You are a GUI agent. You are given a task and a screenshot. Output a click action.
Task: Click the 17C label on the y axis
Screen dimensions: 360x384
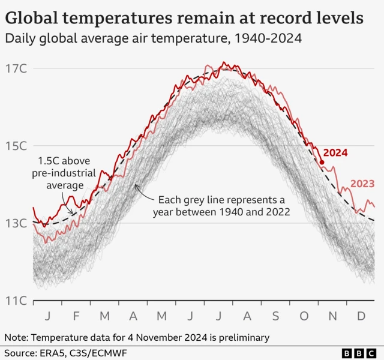coord(17,68)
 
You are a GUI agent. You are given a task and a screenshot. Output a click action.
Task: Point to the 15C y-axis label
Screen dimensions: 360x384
coord(17,146)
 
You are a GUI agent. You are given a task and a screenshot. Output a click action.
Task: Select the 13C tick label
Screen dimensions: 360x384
coord(17,223)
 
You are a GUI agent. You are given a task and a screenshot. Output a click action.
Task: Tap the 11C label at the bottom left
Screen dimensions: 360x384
coord(17,301)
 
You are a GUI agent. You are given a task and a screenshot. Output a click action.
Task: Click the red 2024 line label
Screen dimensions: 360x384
coord(335,153)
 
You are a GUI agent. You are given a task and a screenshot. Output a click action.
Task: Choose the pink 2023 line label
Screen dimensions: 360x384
coord(362,184)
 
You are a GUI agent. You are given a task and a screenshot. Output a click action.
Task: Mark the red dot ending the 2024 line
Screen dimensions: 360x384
coord(322,162)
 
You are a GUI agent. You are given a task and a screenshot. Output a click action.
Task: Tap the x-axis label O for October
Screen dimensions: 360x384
coord(304,316)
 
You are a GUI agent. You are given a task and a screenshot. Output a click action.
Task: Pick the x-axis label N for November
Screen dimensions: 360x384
coord(332,316)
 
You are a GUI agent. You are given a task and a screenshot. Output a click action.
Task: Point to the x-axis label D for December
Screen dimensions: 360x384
coord(361,316)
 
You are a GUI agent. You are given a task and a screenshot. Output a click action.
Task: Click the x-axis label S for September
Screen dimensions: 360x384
coord(275,316)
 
